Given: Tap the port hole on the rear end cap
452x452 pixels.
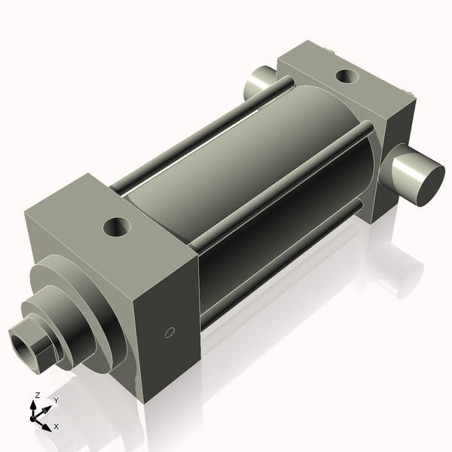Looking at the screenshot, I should click(347, 75).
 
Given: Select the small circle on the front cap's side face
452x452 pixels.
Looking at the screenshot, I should click(169, 332).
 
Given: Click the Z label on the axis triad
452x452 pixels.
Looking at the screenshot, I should click(38, 395).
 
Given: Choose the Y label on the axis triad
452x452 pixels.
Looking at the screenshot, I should click(56, 400).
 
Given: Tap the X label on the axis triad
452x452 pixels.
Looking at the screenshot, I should click(56, 426).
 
